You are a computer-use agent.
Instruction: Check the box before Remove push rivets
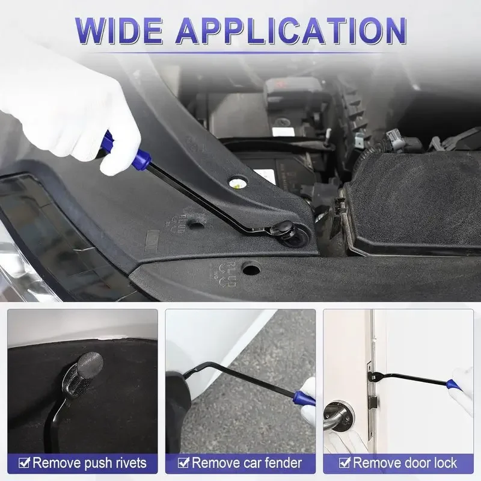click(24, 463)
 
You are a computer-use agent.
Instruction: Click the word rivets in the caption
click(127, 463)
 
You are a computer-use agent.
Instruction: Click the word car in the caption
click(250, 463)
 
